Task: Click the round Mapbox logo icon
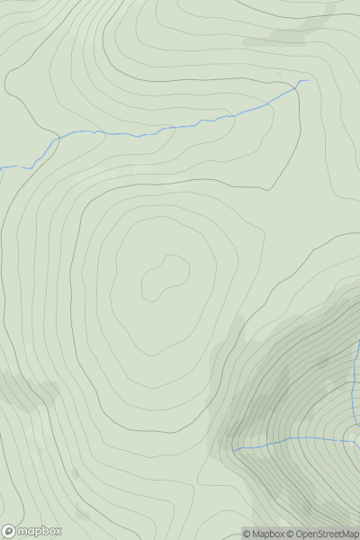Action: [10, 531]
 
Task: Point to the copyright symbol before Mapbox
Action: [247, 535]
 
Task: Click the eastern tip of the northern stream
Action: [307, 80]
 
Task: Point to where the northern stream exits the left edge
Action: [1, 167]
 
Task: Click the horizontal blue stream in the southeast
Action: [288, 440]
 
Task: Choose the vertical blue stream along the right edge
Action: [355, 396]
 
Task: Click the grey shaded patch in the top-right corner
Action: [297, 31]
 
